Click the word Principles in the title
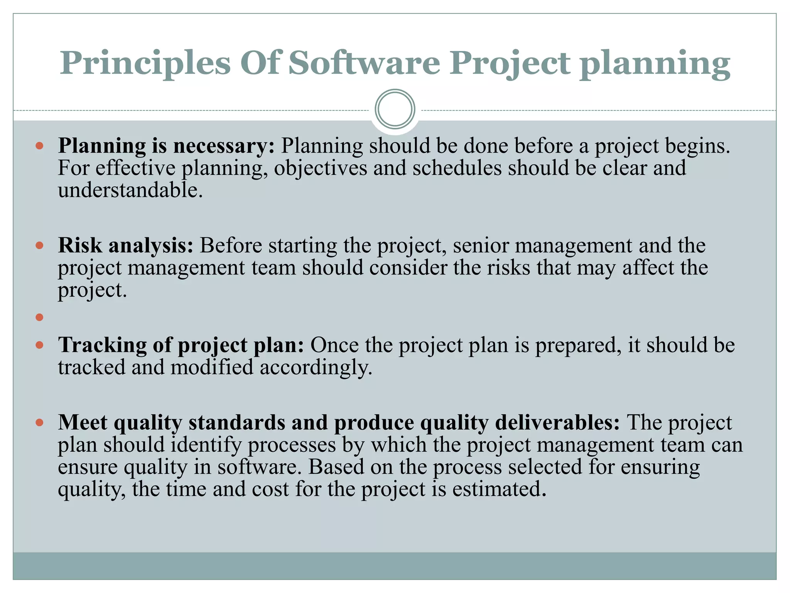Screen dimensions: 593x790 click(145, 63)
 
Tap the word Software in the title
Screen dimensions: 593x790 click(364, 63)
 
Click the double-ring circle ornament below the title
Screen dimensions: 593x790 click(395, 109)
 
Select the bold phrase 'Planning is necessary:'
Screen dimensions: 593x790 click(166, 146)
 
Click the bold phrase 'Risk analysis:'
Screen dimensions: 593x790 click(126, 246)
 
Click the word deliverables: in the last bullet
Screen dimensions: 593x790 click(557, 422)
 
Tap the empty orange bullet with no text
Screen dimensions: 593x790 click(39, 317)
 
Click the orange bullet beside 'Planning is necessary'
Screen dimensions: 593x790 click(39, 146)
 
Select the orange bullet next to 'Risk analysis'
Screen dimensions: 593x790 click(39, 246)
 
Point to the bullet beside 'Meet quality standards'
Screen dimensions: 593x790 click(39, 422)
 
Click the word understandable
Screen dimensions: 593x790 click(130, 190)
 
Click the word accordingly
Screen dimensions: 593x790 click(316, 367)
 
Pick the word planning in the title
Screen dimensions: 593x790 click(655, 63)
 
